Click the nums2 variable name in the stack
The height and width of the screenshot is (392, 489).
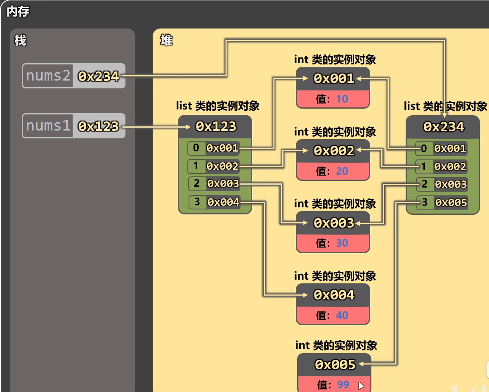click(48, 76)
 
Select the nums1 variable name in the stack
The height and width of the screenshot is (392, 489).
click(48, 126)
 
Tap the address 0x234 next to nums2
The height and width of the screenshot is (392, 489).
click(99, 76)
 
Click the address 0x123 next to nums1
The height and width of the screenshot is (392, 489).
click(99, 126)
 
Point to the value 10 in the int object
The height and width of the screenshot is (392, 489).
click(342, 99)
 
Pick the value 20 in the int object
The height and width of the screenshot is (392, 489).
click(342, 171)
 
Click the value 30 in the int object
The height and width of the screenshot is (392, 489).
click(342, 243)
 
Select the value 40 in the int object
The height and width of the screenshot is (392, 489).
click(342, 315)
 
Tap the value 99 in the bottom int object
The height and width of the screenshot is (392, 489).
click(343, 385)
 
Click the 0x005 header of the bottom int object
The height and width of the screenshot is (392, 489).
click(335, 365)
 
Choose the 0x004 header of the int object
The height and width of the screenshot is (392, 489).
click(334, 295)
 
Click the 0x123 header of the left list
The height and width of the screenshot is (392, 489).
click(216, 126)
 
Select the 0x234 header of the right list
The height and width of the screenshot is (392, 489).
click(444, 127)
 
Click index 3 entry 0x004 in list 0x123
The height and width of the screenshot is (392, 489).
click(215, 202)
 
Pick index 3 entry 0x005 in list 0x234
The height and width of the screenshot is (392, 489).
click(442, 202)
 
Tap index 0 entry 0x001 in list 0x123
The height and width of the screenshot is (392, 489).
click(214, 148)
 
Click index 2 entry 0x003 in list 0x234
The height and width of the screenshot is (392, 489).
click(442, 184)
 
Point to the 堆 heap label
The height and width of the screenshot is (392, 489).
click(166, 40)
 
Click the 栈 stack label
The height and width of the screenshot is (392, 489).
click(20, 40)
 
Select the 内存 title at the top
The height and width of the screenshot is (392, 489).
click(18, 12)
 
